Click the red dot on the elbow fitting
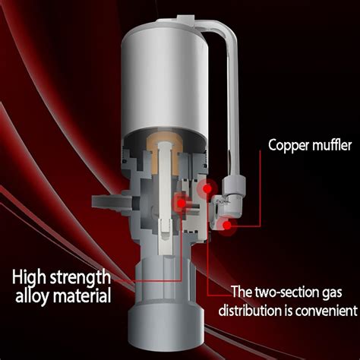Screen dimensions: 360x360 point(229,224)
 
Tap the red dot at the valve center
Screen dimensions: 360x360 point(182,202)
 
